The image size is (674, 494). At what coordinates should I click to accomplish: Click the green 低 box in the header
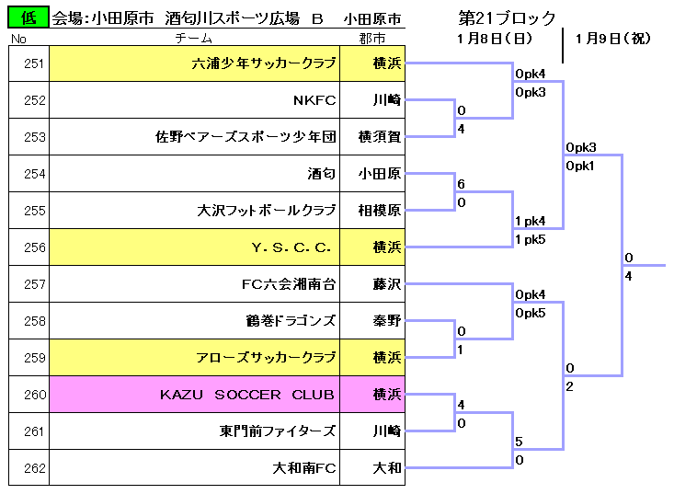tap(29, 17)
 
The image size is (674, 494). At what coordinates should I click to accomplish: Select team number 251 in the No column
tap(34, 63)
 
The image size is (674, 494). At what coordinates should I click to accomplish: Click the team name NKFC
tap(314, 100)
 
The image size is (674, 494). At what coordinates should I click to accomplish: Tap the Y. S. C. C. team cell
tap(195, 247)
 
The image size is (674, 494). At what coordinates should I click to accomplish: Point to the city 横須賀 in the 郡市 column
tap(380, 137)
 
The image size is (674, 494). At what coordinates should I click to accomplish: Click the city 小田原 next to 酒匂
tap(380, 174)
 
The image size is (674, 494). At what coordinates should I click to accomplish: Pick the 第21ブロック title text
tap(508, 18)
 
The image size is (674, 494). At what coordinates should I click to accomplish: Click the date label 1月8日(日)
tap(495, 39)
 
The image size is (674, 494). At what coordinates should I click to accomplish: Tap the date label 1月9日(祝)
tap(613, 39)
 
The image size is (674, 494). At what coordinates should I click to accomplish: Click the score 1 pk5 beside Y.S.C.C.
tap(531, 239)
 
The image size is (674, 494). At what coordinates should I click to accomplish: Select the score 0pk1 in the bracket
tap(580, 166)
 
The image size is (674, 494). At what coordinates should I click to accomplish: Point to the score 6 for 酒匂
tap(462, 184)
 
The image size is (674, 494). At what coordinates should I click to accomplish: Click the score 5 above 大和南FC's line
tap(519, 442)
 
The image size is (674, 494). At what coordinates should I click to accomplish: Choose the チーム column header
tap(194, 39)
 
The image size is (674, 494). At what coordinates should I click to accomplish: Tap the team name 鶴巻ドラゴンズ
tap(291, 321)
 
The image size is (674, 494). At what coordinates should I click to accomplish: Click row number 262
tap(34, 467)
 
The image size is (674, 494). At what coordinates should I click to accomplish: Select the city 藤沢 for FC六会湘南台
tap(387, 283)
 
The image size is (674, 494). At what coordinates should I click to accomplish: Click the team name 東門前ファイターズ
tap(278, 431)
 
